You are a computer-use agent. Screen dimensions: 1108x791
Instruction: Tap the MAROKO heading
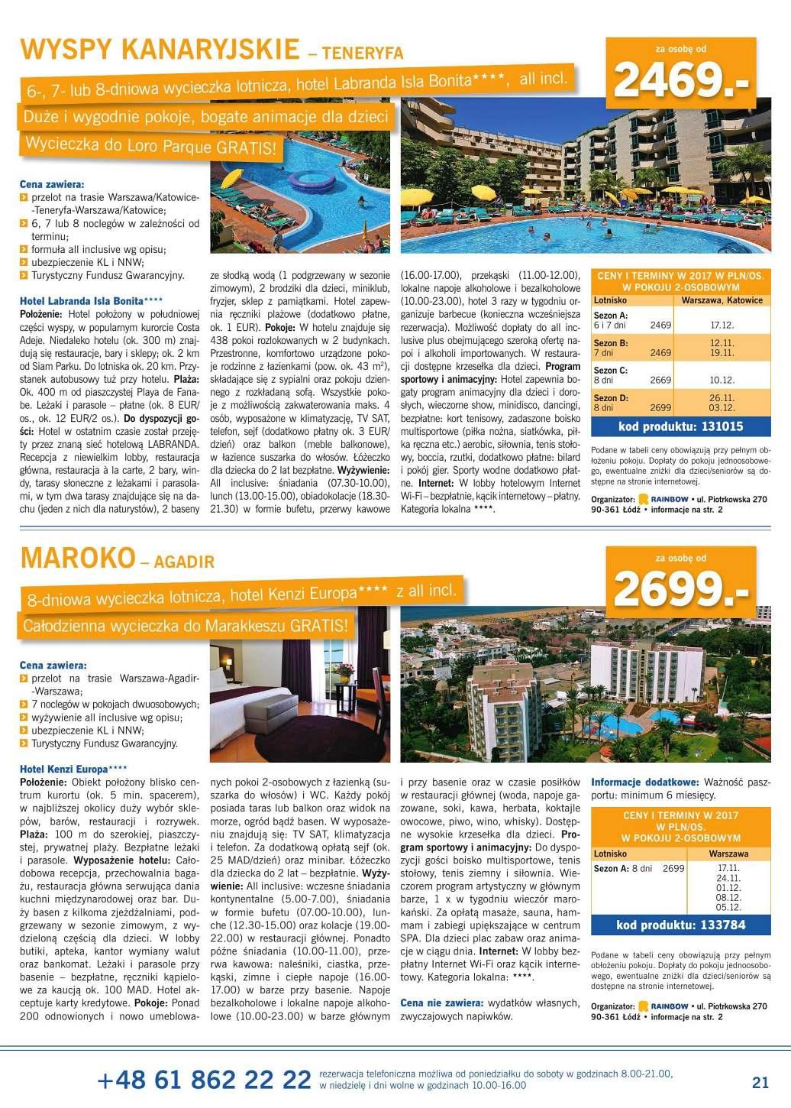click(x=77, y=558)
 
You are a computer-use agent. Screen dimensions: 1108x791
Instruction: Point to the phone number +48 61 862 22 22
click(x=204, y=1080)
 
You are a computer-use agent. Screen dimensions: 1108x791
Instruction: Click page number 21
click(x=760, y=1081)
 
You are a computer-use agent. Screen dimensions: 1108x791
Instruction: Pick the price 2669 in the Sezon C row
click(x=660, y=380)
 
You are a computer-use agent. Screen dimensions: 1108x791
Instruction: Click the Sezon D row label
click(x=611, y=398)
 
